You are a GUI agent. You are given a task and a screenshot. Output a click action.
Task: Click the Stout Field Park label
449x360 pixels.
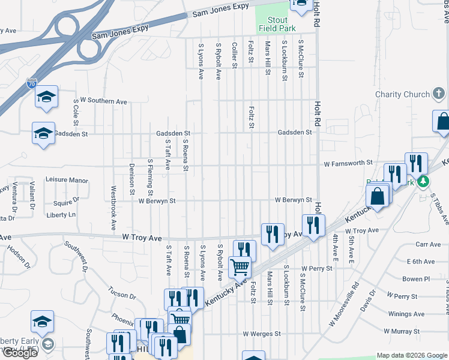click(277, 23)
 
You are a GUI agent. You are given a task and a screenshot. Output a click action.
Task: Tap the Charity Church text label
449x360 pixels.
click(402, 94)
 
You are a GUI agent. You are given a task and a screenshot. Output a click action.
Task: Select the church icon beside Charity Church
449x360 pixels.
click(439, 94)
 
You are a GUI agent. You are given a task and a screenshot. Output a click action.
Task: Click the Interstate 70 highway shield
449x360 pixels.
click(32, 84)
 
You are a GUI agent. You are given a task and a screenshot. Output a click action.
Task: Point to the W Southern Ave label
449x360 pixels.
click(103, 101)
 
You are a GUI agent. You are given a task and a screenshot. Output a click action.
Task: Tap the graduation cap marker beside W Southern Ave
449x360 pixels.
click(46, 97)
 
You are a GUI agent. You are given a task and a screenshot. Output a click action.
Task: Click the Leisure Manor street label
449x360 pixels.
click(67, 180)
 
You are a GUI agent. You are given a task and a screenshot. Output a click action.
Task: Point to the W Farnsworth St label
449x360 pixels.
click(348, 163)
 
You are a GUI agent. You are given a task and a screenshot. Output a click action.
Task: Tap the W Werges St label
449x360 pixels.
click(262, 334)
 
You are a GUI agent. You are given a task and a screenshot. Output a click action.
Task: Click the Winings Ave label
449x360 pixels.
click(406, 314)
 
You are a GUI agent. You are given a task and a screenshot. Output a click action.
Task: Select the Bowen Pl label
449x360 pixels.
click(416, 279)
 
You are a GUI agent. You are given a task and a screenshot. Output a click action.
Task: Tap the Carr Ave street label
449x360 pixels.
click(428, 244)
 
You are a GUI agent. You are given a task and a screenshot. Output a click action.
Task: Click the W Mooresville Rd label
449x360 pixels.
click(344, 305)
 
